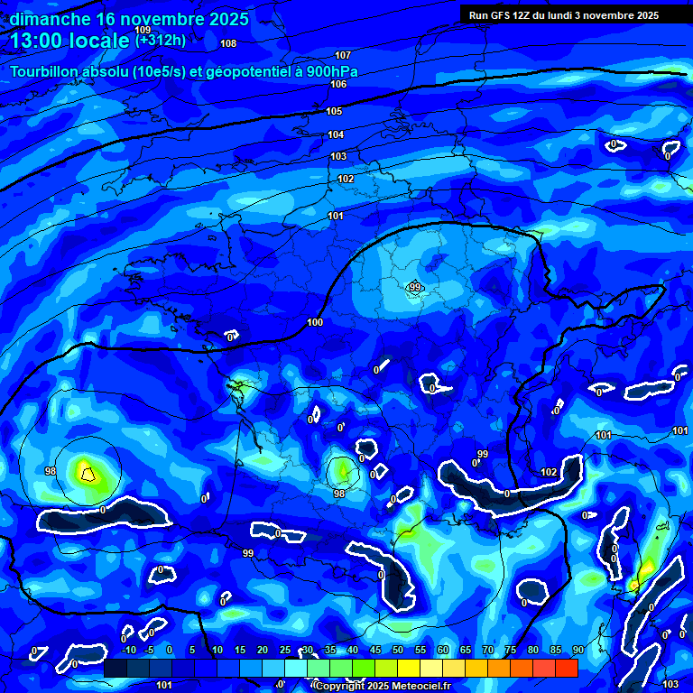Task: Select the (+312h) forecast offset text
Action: [161, 40]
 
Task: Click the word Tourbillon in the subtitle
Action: [48, 72]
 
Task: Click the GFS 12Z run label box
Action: [564, 14]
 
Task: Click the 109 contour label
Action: [143, 31]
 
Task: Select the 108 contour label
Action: [228, 43]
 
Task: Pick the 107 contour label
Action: [343, 56]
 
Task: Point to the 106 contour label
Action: [338, 84]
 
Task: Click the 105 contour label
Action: [334, 111]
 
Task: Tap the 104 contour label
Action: [336, 134]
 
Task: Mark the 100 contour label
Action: [315, 322]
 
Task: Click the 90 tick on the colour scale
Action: [577, 650]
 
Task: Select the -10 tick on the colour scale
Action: [128, 650]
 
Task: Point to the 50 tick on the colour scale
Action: [398, 650]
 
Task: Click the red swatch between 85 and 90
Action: [566, 668]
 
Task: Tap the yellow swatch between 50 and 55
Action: [409, 668]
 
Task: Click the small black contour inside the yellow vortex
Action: [88, 472]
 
